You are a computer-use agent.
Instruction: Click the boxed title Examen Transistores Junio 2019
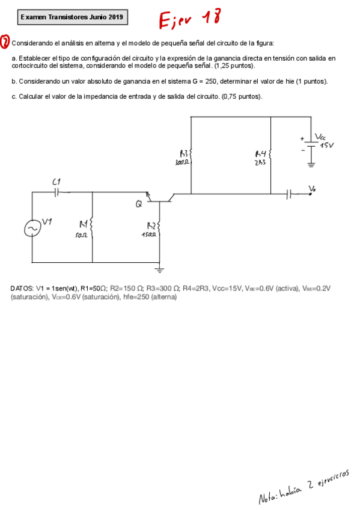(72, 17)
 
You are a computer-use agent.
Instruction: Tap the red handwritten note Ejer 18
(188, 20)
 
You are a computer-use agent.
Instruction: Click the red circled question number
(5, 42)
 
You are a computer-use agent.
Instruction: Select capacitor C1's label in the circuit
(56, 181)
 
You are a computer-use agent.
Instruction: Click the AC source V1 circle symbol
(32, 229)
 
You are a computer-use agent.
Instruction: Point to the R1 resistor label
(84, 226)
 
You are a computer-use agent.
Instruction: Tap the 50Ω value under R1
(82, 236)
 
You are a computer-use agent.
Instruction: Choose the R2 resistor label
(151, 226)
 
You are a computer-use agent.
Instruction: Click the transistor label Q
(139, 204)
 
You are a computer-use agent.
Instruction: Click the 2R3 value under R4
(260, 162)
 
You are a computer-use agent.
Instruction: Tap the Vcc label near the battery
(320, 137)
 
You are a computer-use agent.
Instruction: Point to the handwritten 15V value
(326, 146)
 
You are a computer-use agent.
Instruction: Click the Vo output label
(311, 189)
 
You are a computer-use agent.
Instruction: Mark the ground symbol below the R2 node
(159, 270)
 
